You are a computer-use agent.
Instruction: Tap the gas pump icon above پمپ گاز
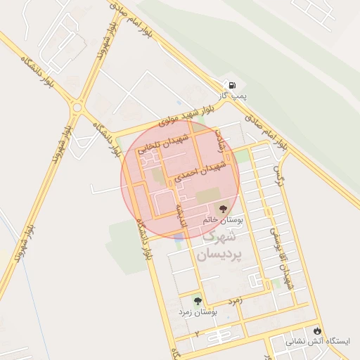coord(231,84)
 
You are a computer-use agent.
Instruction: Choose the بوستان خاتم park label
coord(222,220)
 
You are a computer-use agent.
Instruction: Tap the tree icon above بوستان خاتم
coord(224,209)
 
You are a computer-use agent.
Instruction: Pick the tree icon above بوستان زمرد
coord(197,300)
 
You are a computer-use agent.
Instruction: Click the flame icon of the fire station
coord(318,330)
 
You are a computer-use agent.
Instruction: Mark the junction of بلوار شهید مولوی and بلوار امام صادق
coord(227,103)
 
